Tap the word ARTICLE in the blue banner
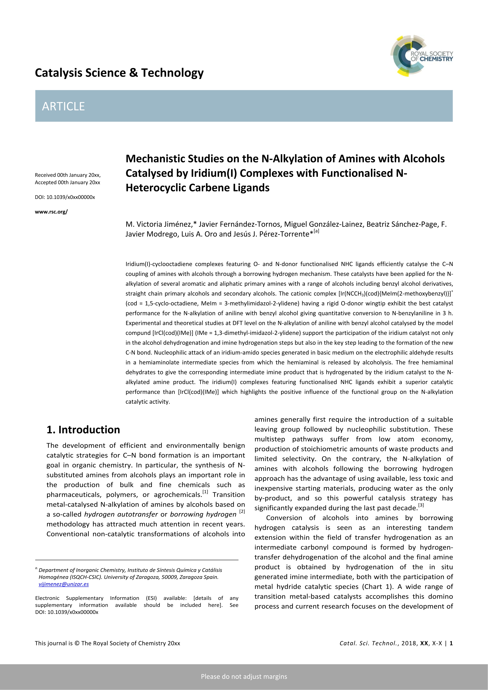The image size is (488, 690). tap(63, 106)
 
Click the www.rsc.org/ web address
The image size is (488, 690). tap(51, 212)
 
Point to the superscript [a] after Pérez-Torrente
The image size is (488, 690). tap(316, 231)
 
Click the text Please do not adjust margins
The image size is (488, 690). tap(244, 676)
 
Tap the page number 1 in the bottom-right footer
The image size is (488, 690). tap(451, 643)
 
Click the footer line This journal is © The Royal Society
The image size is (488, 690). tap(107, 643)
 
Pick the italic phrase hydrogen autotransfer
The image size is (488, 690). tap(121, 515)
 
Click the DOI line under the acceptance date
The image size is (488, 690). tap(65, 197)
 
